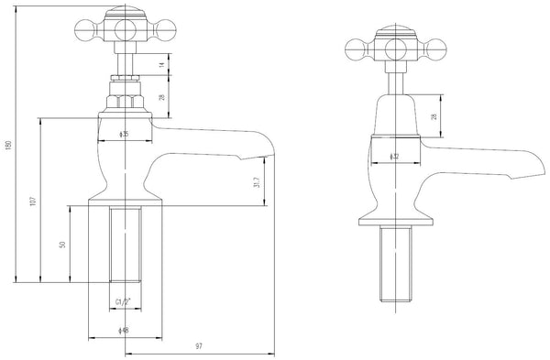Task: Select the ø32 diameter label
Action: coord(396,155)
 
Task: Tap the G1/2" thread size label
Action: coord(124,301)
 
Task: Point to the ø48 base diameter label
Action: coord(124,330)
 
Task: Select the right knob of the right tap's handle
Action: coord(443,48)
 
